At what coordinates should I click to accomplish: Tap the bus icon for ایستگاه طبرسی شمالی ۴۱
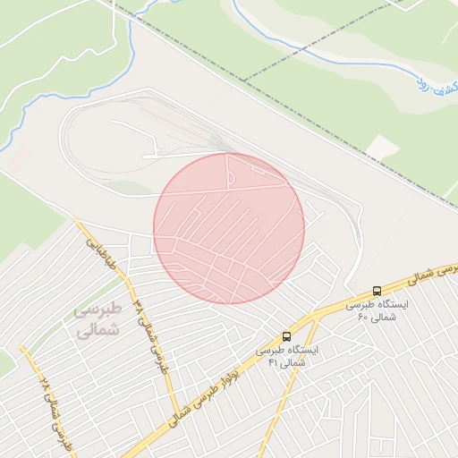click(286, 336)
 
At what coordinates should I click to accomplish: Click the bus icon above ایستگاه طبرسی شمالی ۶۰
click(377, 291)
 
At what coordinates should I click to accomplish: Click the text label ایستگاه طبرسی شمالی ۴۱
click(283, 357)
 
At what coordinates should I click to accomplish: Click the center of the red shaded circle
click(229, 228)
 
